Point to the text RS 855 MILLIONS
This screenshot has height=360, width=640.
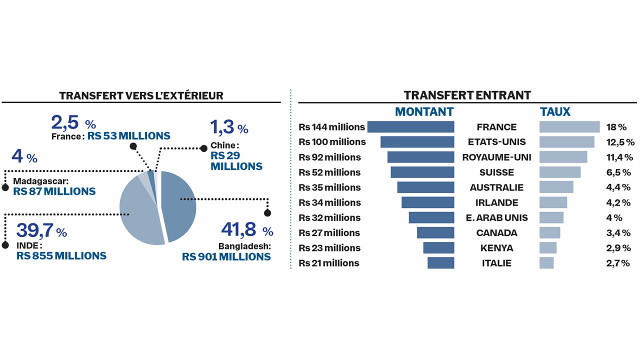[x=61, y=255]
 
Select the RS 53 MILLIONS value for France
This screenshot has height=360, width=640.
[x=128, y=135]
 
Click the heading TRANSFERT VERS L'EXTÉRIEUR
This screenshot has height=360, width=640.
[x=141, y=95]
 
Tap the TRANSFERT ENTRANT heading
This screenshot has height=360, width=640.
[x=467, y=95]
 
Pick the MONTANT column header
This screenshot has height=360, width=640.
[x=424, y=111]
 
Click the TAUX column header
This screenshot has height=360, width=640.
[x=555, y=111]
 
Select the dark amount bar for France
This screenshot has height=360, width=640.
[x=410, y=127]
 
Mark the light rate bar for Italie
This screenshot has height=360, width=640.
[x=546, y=263]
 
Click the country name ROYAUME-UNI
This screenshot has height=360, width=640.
[x=496, y=157]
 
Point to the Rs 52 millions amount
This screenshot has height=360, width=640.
[x=329, y=172]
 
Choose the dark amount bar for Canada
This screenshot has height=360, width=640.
[x=435, y=233]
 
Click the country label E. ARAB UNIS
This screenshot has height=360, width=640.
[x=496, y=218]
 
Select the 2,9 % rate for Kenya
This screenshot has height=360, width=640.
[x=618, y=248]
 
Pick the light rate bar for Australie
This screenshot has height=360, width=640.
[x=556, y=187]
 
